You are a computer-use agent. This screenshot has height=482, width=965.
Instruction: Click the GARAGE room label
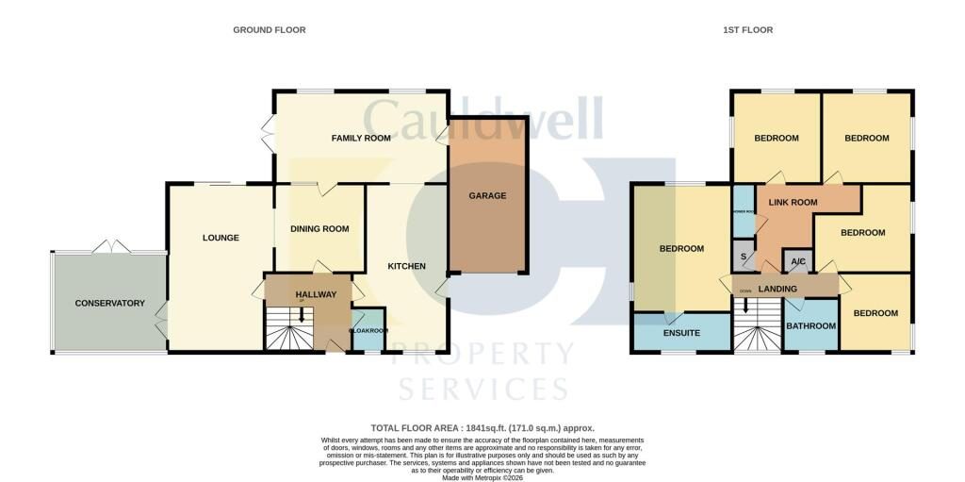pyautogui.click(x=488, y=196)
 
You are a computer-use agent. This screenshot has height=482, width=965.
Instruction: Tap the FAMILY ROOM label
pyautogui.click(x=361, y=139)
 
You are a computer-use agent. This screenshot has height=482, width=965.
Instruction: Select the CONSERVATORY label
pyautogui.click(x=110, y=303)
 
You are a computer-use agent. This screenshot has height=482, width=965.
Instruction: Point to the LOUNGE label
pyautogui.click(x=221, y=238)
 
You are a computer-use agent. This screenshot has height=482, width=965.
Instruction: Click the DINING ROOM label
pyautogui.click(x=319, y=228)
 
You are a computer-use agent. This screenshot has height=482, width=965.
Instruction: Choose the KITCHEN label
pyautogui.click(x=407, y=266)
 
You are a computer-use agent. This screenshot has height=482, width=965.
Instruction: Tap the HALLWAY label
pyautogui.click(x=316, y=294)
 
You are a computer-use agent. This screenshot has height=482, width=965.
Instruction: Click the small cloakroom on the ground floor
pyautogui.click(x=368, y=330)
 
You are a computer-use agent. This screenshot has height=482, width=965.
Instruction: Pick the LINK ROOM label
pyautogui.click(x=793, y=202)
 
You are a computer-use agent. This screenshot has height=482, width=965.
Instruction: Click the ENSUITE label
pyautogui.click(x=681, y=333)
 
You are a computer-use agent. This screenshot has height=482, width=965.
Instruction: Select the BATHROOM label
pyautogui.click(x=811, y=326)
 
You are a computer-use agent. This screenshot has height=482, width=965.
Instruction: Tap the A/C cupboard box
pyautogui.click(x=797, y=261)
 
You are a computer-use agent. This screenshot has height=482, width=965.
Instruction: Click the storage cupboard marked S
pyautogui.click(x=744, y=257)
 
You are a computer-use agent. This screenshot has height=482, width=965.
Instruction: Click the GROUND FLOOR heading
pyautogui.click(x=270, y=30)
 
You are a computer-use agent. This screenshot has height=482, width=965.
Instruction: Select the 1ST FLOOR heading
pyautogui.click(x=747, y=30)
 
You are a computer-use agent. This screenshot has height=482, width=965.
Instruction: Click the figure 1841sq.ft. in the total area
pyautogui.click(x=494, y=428)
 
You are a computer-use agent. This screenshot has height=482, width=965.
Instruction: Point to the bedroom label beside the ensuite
pyautogui.click(x=681, y=249)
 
